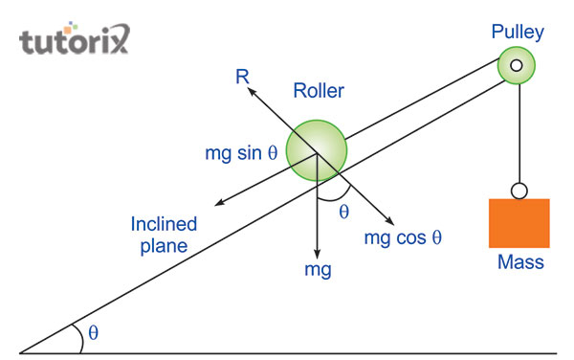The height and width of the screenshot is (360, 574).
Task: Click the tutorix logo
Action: [x=73, y=41]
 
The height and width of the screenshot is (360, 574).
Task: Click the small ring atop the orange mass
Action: [x=519, y=190]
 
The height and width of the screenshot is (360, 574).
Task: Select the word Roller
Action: [x=319, y=92]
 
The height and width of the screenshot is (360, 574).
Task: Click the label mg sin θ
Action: [x=242, y=153]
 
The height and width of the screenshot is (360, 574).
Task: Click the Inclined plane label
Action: [x=165, y=235]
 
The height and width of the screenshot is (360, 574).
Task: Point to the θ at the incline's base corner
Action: [x=93, y=332]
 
